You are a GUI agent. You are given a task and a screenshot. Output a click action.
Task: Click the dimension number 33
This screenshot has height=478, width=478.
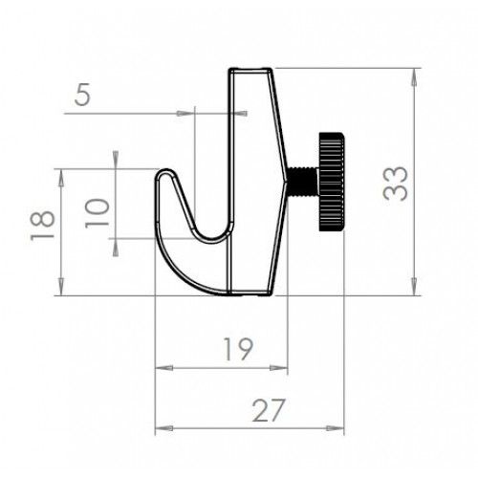[x=396, y=184]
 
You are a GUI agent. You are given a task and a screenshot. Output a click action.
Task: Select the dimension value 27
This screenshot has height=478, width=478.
[x=268, y=410]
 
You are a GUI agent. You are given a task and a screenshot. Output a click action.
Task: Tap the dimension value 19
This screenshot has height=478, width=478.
[x=238, y=349]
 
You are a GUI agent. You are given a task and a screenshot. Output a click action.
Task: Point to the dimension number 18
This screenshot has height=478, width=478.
[x=42, y=225]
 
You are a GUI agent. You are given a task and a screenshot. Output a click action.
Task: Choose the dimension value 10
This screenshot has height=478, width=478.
[x=98, y=213]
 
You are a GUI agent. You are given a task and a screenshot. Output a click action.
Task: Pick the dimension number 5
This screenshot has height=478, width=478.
[x=82, y=96]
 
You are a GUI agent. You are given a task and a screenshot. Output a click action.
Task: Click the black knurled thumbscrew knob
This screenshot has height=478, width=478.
[x=331, y=182]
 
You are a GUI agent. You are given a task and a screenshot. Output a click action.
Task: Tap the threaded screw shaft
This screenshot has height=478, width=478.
[x=302, y=182]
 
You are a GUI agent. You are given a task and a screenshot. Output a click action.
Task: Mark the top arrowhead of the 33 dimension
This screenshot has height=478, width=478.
[x=414, y=77]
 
